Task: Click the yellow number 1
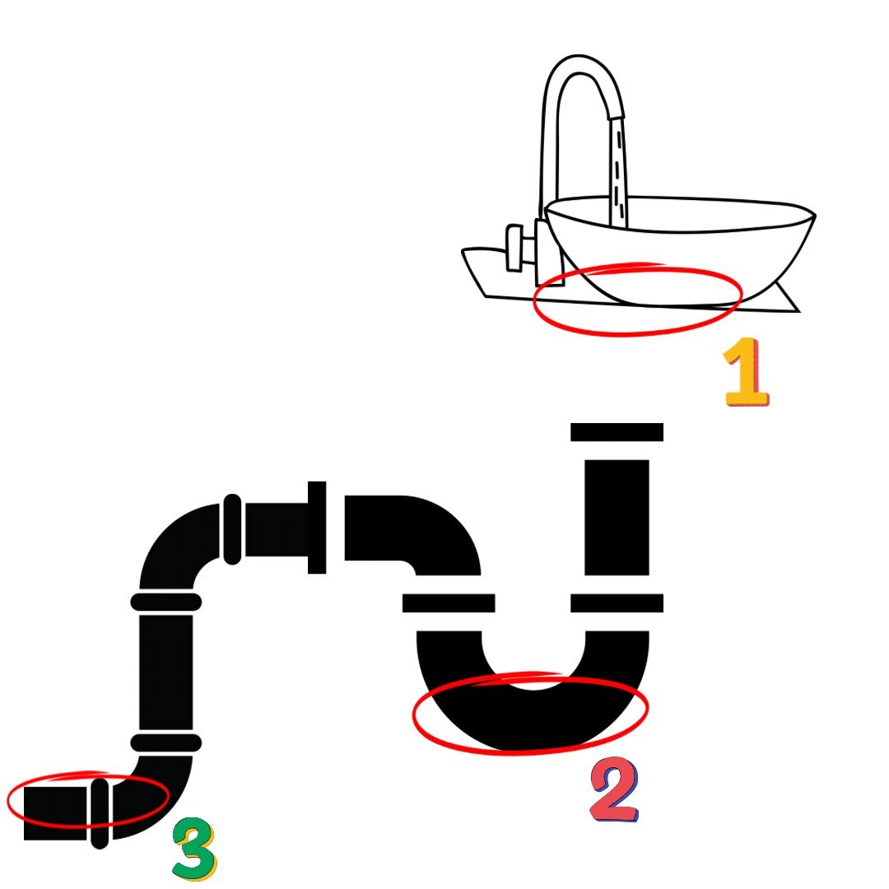pyautogui.click(x=746, y=372)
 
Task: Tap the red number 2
pyautogui.click(x=614, y=789)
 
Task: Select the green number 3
pyautogui.click(x=194, y=848)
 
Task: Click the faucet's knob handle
pyautogui.click(x=514, y=248)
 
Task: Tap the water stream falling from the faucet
pyautogui.click(x=618, y=172)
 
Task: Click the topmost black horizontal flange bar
pyautogui.click(x=617, y=432)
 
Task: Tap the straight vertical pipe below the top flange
pyautogui.click(x=617, y=517)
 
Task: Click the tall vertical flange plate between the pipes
pyautogui.click(x=317, y=528)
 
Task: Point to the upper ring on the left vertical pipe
pyautogui.click(x=166, y=602)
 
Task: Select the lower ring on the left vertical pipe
pyautogui.click(x=166, y=742)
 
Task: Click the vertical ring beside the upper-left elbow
pyautogui.click(x=232, y=529)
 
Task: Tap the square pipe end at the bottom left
pyautogui.click(x=55, y=813)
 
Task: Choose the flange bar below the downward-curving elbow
pyautogui.click(x=449, y=603)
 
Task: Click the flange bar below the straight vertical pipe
pyautogui.click(x=617, y=603)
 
